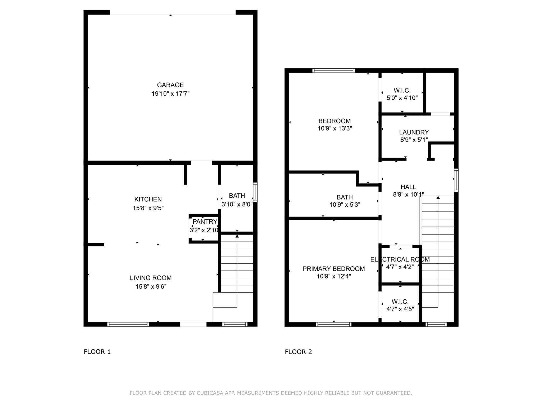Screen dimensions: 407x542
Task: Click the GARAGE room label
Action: pyautogui.click(x=170, y=85)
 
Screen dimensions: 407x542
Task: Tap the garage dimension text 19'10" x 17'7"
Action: pyautogui.click(x=170, y=94)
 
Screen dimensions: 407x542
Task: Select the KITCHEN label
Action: pyautogui.click(x=148, y=199)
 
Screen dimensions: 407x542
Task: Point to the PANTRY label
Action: pyautogui.click(x=205, y=222)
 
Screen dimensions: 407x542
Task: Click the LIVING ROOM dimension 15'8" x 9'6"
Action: pyautogui.click(x=151, y=286)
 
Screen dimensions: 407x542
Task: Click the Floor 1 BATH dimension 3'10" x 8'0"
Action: pyautogui.click(x=237, y=204)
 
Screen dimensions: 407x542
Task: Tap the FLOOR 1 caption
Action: pyautogui.click(x=97, y=352)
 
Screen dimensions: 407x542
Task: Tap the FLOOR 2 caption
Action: pyautogui.click(x=298, y=352)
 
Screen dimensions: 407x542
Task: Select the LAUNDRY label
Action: pyautogui.click(x=414, y=132)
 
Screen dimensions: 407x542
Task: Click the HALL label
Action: pyautogui.click(x=408, y=187)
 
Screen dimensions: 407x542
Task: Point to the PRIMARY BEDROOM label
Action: pyautogui.click(x=333, y=269)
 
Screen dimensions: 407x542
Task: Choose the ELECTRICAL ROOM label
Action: pyautogui.click(x=400, y=259)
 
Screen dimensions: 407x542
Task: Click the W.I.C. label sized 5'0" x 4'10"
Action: pyautogui.click(x=402, y=90)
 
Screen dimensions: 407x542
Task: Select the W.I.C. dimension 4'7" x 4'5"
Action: pyautogui.click(x=400, y=309)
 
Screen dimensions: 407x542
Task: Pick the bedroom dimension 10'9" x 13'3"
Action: pyautogui.click(x=335, y=129)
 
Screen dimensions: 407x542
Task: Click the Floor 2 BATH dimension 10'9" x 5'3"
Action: pyautogui.click(x=345, y=205)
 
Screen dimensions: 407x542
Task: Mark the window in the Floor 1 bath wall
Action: pyautogui.click(x=255, y=192)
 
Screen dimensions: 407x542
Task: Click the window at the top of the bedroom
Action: pyautogui.click(x=333, y=70)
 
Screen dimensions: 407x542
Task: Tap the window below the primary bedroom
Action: pyautogui.click(x=333, y=324)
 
